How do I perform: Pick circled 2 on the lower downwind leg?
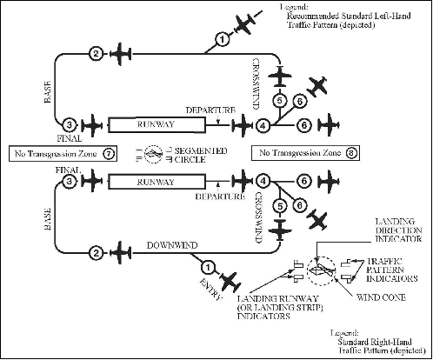pos(95,253)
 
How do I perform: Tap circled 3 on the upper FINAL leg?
pos(71,125)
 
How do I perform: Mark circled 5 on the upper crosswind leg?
pos(279,101)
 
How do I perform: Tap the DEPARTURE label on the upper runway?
pos(210,111)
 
